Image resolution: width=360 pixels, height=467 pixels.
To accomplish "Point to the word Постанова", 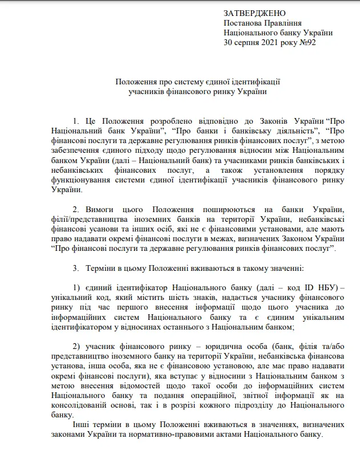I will pos(243,23).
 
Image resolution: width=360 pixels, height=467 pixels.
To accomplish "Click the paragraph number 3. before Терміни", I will pos(76,267).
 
